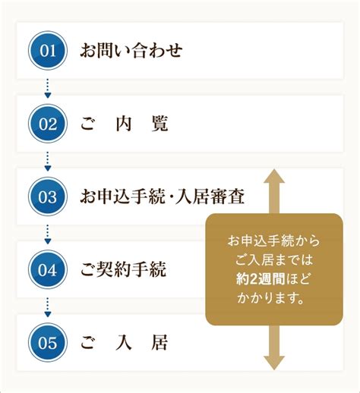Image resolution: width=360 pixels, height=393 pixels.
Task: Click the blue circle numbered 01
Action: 48,51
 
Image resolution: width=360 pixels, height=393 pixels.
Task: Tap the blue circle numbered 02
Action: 48,124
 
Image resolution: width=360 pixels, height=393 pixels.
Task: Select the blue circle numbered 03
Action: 48,196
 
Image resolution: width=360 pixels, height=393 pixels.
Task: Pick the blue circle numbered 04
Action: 48,269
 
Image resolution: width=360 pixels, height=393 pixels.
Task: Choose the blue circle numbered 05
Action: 48,342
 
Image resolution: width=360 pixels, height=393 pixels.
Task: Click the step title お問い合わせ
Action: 131,51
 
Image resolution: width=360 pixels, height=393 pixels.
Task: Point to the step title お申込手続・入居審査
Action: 163,196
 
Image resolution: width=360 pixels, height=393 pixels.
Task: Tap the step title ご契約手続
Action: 123,269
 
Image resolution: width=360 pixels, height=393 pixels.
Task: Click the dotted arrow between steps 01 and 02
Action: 48,88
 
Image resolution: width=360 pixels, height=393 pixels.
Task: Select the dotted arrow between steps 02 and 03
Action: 48,161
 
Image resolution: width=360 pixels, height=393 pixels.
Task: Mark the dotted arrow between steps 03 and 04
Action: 48,234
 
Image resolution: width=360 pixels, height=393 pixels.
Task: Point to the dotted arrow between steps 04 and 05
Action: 48,307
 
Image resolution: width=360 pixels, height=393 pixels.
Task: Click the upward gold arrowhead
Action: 274,176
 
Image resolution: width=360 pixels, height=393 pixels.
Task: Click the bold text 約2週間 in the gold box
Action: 261,279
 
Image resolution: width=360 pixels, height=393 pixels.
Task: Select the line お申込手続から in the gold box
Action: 273,241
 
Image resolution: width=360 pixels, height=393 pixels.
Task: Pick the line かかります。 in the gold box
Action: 270,298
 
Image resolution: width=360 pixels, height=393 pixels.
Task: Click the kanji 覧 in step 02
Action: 159,124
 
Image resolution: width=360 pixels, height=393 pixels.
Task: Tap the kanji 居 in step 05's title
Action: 159,342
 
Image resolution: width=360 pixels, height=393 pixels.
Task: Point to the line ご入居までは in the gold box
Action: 274,260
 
